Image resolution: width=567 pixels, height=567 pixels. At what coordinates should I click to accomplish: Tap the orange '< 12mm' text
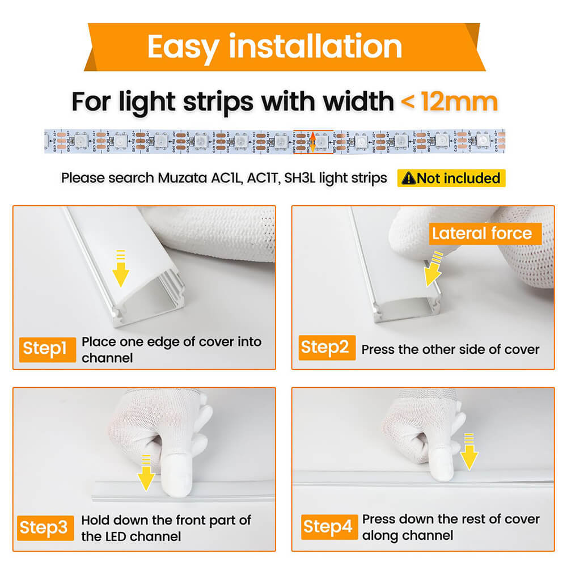[449, 102]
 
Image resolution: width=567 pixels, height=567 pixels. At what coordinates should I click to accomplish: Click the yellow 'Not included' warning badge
[451, 178]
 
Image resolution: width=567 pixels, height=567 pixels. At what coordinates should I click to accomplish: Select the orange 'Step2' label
[325, 347]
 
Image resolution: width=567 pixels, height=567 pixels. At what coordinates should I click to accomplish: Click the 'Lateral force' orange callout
[482, 234]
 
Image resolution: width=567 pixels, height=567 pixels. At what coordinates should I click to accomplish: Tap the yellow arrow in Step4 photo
[469, 451]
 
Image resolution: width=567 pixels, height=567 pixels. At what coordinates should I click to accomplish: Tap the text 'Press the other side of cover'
[450, 349]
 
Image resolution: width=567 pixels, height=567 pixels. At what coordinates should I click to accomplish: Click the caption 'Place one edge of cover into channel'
[171, 349]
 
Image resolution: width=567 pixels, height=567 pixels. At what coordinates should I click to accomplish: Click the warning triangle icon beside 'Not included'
[408, 179]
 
